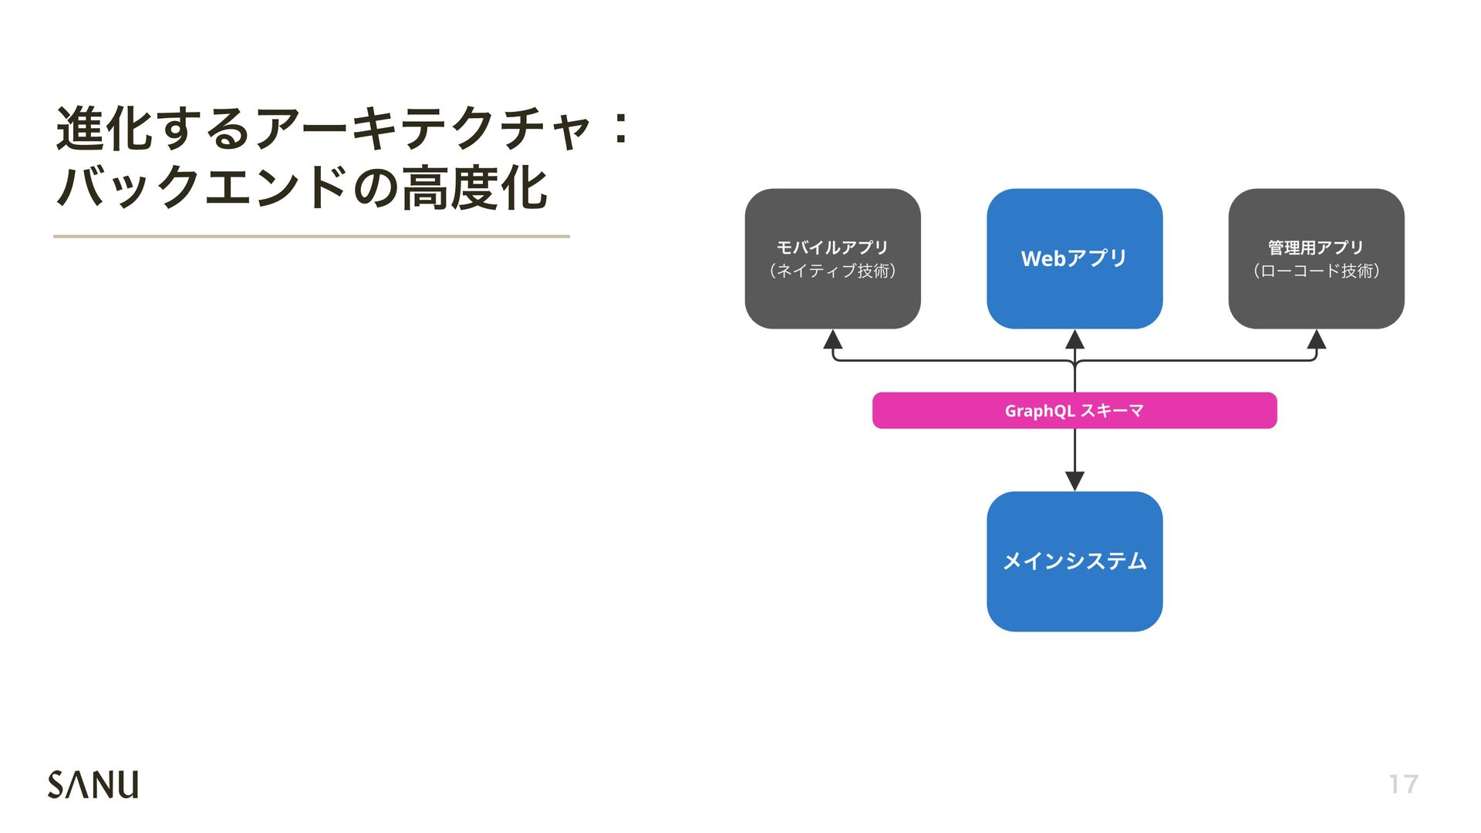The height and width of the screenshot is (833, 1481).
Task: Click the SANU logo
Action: pos(93,784)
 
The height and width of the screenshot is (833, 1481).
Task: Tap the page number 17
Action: pos(1403,784)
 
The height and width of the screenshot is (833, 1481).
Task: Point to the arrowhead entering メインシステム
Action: pos(1074,481)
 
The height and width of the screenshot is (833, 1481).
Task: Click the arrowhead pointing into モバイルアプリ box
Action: pos(832,339)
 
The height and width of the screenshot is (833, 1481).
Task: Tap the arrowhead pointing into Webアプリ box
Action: pos(1074,339)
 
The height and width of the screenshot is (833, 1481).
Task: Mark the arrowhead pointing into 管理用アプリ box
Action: pos(1317,339)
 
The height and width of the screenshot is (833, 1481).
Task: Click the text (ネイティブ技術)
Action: pos(832,271)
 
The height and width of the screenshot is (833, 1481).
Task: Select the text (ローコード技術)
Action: pos(1316,271)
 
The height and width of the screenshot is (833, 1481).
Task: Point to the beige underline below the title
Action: pos(311,236)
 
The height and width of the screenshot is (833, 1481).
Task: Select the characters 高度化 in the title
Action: pos(474,188)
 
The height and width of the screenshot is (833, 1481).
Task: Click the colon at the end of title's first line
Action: pos(620,129)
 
